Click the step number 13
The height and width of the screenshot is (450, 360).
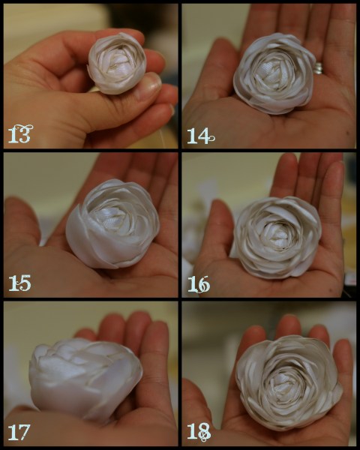[20, 134]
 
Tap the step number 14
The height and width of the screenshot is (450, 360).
[201, 136]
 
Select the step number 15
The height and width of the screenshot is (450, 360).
[19, 283]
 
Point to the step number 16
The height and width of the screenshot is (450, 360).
[199, 284]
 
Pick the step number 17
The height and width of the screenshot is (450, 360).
[19, 432]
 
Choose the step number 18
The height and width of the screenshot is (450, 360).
[199, 432]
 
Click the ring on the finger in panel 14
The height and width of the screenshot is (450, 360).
[318, 68]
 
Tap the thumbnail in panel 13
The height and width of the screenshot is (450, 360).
[148, 85]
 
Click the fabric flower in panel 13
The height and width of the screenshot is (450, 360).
[117, 63]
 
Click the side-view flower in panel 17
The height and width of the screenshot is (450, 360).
[85, 379]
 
